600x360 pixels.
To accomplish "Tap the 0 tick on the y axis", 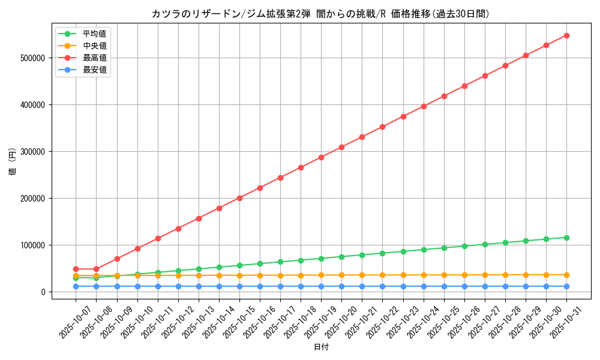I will [x=59, y=292].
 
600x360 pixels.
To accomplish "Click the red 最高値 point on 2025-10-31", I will [x=566, y=35].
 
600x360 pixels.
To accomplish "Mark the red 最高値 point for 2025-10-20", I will [x=341, y=147].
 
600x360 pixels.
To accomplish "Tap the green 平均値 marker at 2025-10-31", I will [x=566, y=238].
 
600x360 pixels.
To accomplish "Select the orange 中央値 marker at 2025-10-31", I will [x=566, y=275].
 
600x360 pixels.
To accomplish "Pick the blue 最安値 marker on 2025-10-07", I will [x=76, y=286].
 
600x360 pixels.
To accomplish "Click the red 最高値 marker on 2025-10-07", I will [x=76, y=269].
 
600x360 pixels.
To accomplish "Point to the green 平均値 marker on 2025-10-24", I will [x=424, y=250].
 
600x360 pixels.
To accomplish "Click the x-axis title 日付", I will [x=321, y=347].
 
